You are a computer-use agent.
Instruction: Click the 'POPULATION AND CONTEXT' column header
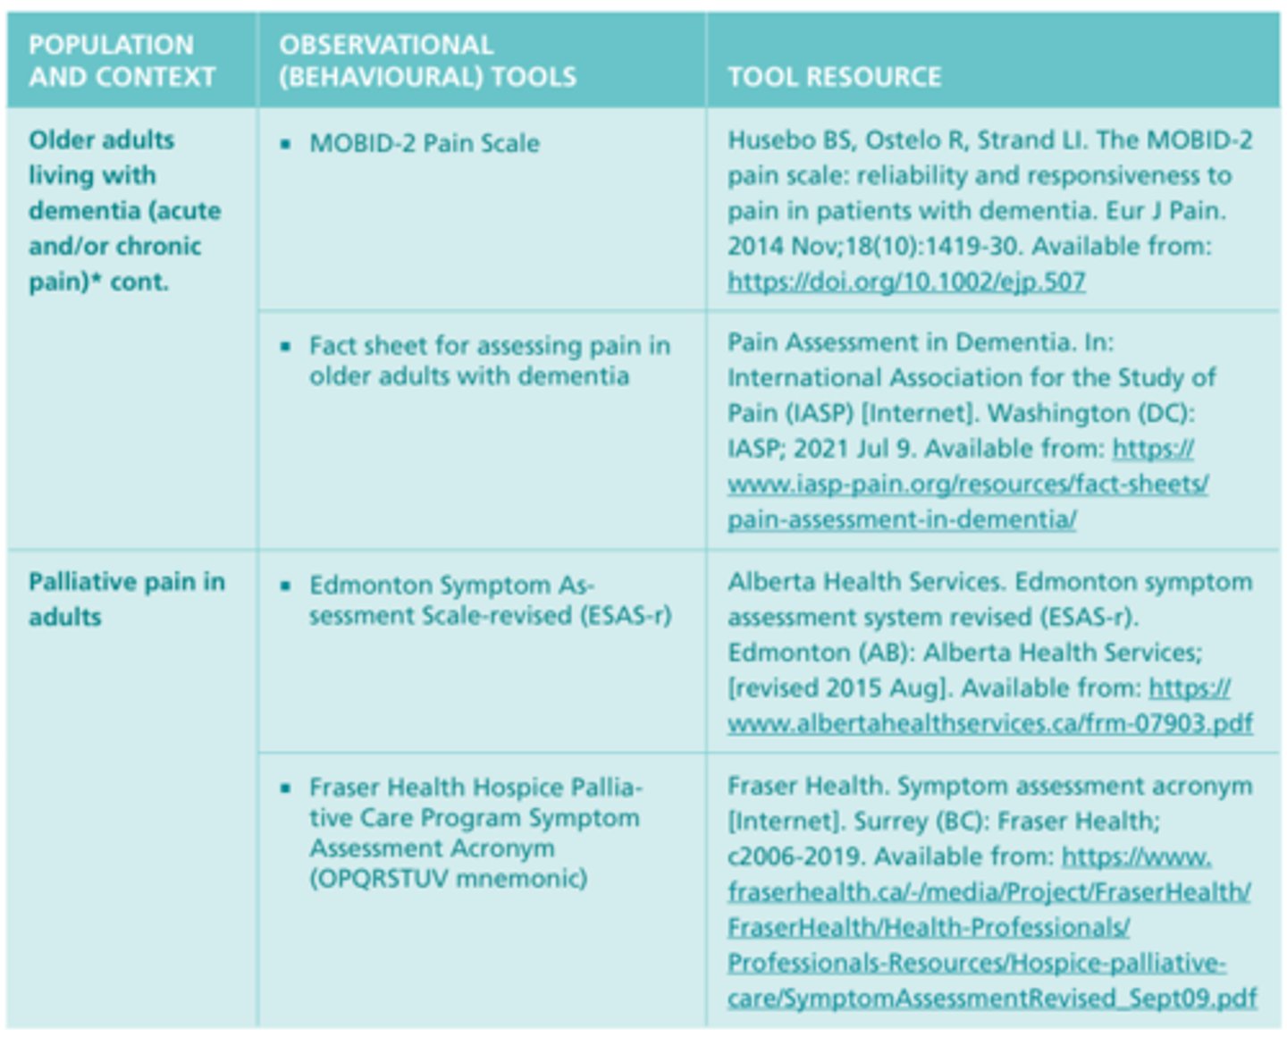122,61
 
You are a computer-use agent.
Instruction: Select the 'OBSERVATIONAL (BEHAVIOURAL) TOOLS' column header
427,61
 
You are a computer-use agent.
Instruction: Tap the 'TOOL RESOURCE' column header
834,77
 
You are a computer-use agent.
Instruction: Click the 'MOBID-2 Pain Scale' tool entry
424,143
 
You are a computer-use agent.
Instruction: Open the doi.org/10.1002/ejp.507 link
906,282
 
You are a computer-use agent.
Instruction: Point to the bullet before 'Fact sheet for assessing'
286,346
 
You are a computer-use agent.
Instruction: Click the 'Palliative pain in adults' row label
126,599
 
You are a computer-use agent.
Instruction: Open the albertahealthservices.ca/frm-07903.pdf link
989,723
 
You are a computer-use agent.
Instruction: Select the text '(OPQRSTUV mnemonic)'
449,879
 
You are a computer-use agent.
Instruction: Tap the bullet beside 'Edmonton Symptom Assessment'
286,586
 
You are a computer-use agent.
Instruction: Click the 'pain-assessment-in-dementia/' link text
902,519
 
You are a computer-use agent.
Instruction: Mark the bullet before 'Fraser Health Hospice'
286,788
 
